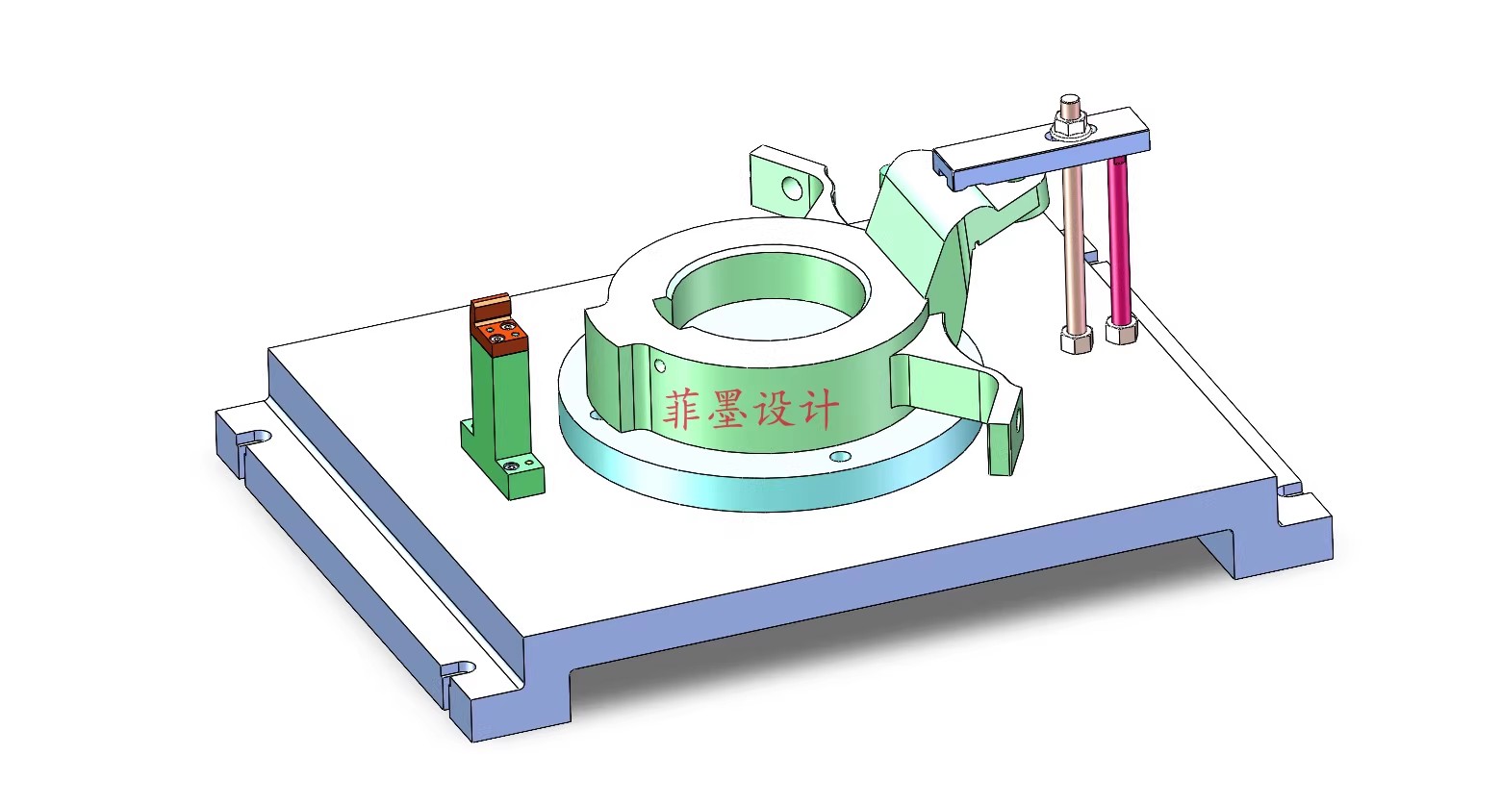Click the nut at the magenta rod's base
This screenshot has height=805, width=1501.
(1121, 332)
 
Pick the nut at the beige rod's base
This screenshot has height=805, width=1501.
(1076, 340)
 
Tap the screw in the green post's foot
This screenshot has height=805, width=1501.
(510, 466)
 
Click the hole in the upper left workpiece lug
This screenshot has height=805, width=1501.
(792, 187)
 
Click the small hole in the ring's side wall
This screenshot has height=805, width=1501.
(659, 365)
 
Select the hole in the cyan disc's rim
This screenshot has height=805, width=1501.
(840, 455)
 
